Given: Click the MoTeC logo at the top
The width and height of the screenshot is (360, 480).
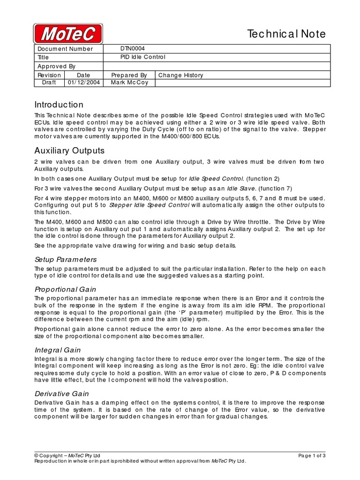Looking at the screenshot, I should click(x=68, y=34).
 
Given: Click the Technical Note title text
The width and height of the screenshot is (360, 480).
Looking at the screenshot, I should click(x=286, y=34).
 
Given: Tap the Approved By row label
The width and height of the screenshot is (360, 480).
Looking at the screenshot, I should click(x=56, y=66).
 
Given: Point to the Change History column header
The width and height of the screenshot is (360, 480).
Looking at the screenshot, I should click(x=180, y=75).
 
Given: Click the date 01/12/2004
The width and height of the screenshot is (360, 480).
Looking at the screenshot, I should click(x=83, y=82).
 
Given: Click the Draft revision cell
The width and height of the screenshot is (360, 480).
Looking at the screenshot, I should click(x=49, y=82).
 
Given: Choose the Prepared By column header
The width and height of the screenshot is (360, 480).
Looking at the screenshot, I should click(x=129, y=75).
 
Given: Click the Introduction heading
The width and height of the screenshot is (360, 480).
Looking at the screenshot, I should click(x=59, y=105).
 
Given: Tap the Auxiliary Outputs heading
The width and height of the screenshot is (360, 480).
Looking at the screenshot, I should click(x=69, y=151).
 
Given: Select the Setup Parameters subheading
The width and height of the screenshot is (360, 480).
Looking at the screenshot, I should click(x=66, y=259).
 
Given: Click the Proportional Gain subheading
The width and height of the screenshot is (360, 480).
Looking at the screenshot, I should click(x=65, y=289).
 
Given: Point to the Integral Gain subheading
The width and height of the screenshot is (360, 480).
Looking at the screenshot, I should click(x=58, y=350).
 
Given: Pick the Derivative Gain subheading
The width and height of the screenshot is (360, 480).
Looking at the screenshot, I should click(x=62, y=394).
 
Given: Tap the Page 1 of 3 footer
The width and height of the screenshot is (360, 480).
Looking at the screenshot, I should click(x=312, y=456).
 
